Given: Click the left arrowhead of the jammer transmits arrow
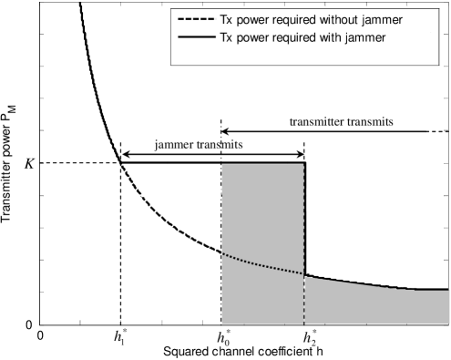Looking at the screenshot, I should click(x=124, y=155).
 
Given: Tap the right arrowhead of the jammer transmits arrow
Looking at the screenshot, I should click(x=300, y=155).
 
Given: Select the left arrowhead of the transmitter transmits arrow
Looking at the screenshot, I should click(x=225, y=130).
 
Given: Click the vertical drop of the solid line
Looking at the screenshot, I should click(x=304, y=219).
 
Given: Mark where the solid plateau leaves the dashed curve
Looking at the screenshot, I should click(x=120, y=162).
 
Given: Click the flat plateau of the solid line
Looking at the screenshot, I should click(x=210, y=162).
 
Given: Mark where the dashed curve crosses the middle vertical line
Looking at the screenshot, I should click(x=221, y=252).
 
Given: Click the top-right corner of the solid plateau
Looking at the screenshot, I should click(x=304, y=162).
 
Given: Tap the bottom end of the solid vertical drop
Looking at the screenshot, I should click(x=304, y=273).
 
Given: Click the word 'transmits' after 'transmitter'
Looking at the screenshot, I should click(x=373, y=119).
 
